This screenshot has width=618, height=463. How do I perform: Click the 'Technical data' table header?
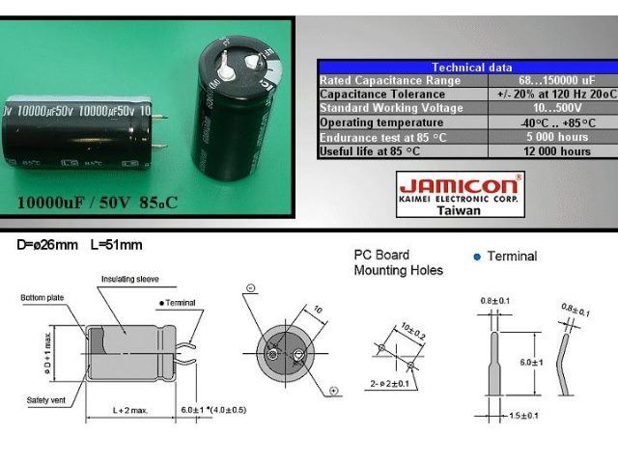pos(471,68)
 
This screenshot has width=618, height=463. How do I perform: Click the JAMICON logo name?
pos(459,185)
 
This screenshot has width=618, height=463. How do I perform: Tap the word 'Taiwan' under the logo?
pos(460,210)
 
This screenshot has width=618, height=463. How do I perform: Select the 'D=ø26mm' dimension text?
pos(47,245)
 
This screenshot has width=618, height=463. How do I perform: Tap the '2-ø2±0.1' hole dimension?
pos(391,384)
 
